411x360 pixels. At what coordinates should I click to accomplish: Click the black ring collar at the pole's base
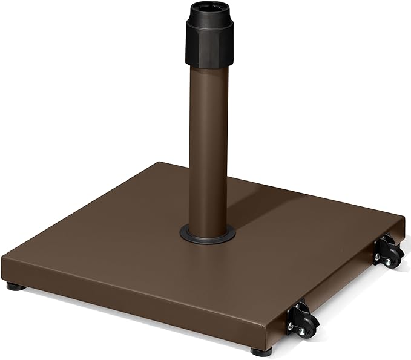pos(208,234)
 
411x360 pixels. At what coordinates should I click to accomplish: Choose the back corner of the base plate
pos(159,163)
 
